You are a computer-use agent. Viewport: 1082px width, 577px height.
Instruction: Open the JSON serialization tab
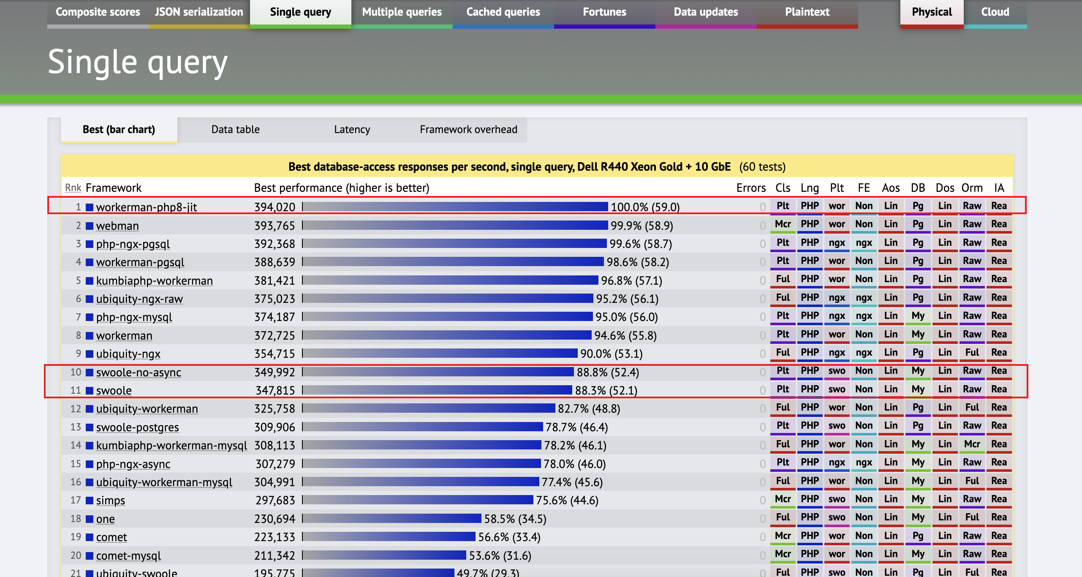point(199,12)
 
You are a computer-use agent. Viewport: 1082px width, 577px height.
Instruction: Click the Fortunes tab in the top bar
point(604,12)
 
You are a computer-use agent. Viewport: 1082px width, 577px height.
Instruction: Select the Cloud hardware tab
point(995,12)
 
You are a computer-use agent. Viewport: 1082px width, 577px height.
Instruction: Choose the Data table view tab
point(235,130)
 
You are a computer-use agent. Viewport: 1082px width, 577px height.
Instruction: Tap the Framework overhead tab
point(468,130)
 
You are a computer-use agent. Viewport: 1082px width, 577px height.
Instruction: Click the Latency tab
point(352,130)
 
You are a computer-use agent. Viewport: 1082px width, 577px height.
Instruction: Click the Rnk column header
point(73,188)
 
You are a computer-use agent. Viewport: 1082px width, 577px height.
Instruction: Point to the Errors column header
point(751,188)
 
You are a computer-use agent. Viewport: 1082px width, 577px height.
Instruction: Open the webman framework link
point(117,226)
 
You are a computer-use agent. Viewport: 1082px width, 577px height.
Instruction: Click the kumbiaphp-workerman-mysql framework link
point(171,446)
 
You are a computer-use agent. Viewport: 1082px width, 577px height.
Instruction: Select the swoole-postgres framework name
point(137,427)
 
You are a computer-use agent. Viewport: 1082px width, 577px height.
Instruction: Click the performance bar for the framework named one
point(392,518)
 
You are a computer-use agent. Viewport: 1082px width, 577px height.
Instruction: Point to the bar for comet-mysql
point(384,555)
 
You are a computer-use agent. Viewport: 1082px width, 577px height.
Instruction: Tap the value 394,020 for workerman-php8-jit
point(275,207)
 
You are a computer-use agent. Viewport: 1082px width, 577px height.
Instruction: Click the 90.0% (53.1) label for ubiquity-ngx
point(611,354)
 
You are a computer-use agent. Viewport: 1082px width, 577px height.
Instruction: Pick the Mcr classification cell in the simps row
point(783,499)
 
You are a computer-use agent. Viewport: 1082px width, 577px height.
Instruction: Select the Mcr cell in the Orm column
point(972,444)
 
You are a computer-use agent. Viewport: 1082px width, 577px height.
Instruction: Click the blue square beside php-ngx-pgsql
point(90,244)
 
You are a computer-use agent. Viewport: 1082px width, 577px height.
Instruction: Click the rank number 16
point(76,482)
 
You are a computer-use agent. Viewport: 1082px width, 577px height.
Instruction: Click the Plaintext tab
point(807,12)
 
